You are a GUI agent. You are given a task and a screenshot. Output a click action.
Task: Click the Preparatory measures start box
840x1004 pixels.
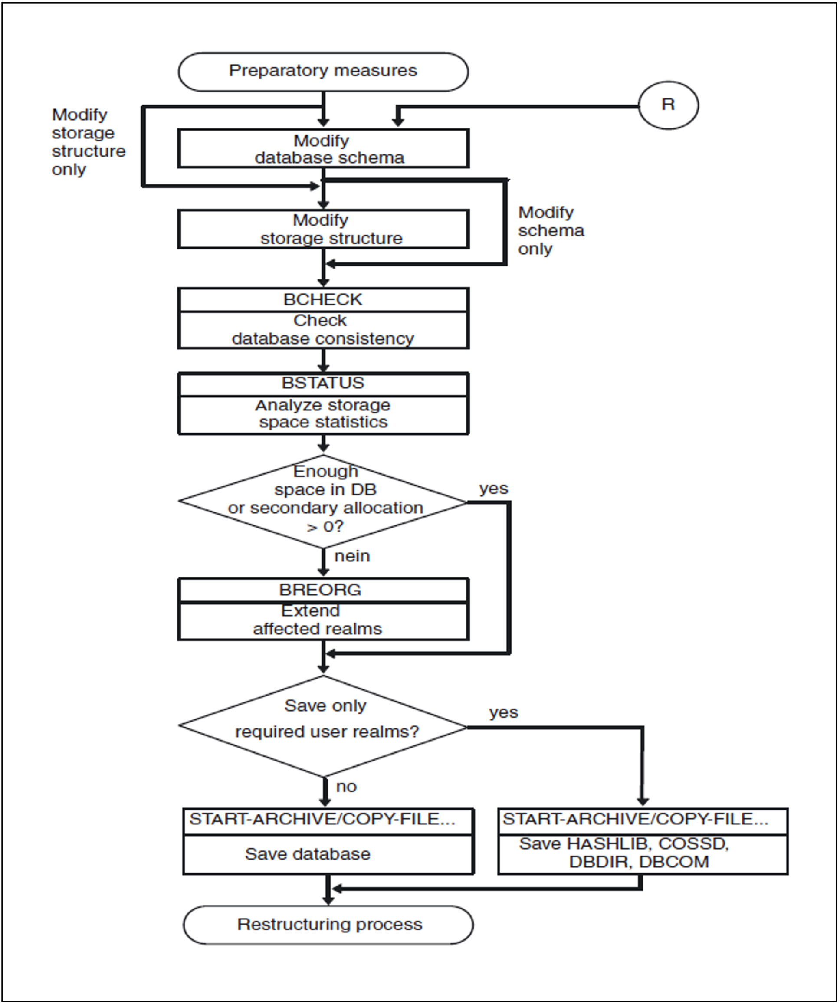[323, 72]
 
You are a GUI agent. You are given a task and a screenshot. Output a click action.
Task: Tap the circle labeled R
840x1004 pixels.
[668, 105]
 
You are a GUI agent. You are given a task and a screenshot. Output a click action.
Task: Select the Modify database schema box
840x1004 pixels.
[323, 148]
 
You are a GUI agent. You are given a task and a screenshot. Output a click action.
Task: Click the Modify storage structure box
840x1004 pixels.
[323, 229]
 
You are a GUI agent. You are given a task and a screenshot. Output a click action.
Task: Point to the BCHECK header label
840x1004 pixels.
[323, 300]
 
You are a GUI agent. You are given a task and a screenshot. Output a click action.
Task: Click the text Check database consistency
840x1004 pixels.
[323, 329]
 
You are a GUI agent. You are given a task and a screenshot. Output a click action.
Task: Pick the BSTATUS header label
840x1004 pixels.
[323, 383]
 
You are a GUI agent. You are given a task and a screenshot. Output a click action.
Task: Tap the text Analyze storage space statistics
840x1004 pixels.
[323, 413]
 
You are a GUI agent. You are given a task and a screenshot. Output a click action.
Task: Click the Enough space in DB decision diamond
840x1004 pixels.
[323, 502]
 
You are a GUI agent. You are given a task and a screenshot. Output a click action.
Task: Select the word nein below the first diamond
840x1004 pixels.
[352, 556]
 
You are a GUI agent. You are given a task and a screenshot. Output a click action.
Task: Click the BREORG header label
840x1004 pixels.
[320, 590]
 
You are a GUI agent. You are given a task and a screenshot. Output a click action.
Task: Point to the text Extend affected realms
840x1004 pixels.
[318, 620]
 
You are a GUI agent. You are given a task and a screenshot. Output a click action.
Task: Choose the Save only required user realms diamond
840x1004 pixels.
[323, 726]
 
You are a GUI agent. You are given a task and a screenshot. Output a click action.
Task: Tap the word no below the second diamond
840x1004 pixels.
[347, 787]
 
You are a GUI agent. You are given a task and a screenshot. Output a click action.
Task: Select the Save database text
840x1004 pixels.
[308, 854]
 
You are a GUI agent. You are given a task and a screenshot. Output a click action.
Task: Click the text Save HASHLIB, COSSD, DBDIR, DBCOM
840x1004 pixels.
[624, 853]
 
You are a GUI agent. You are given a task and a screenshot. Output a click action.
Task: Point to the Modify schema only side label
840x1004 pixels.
[551, 230]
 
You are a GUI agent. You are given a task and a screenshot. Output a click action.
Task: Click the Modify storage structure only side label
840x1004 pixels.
[89, 142]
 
